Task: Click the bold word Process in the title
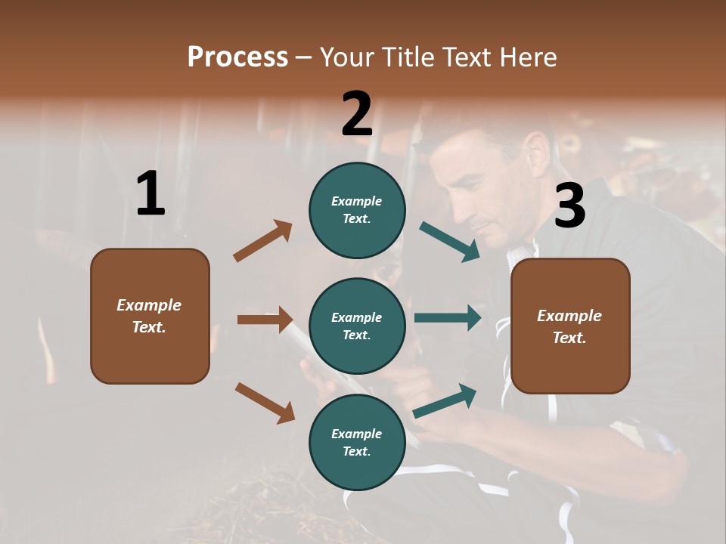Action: pos(237,57)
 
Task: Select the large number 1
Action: pos(150,194)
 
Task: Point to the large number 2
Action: pos(357,114)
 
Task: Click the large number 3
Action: pos(569,206)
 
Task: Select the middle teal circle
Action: pos(357,326)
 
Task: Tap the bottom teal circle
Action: pos(357,442)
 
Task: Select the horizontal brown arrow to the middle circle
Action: pos(265,320)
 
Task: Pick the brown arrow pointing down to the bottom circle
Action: pos(265,402)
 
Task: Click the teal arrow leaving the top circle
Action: pos(449,242)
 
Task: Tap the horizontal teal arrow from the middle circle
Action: pos(447,318)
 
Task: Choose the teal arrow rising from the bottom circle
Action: pos(445,401)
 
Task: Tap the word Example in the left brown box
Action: pos(149,305)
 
